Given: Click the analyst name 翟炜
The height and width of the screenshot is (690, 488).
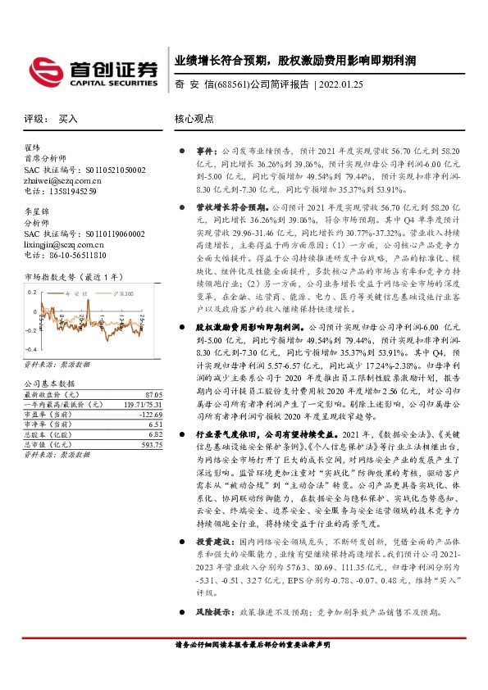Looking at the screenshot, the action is pos(33,148).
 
